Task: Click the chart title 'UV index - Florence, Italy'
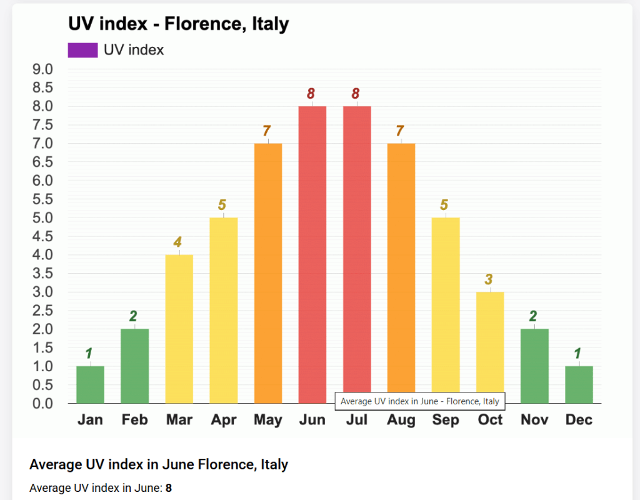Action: [178, 24]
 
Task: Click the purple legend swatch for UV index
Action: [82, 50]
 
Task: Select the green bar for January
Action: [90, 384]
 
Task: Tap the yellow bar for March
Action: [179, 329]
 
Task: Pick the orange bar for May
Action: [268, 273]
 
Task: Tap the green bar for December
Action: [579, 384]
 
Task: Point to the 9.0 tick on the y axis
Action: [42, 69]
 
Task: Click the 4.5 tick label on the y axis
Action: [42, 236]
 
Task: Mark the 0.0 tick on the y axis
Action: [42, 404]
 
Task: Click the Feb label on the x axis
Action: [134, 420]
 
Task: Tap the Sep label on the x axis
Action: [446, 420]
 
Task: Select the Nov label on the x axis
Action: [534, 420]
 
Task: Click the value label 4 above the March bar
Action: [178, 242]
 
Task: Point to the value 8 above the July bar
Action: [356, 94]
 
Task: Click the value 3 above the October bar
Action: [489, 279]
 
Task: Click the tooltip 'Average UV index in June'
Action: [420, 401]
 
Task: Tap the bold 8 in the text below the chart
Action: [169, 487]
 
